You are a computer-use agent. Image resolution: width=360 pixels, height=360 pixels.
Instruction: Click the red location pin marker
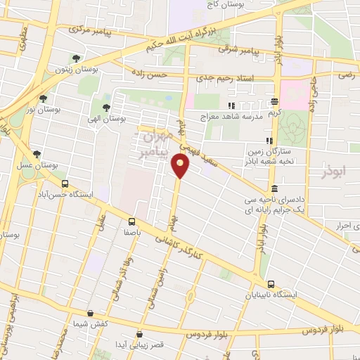181,166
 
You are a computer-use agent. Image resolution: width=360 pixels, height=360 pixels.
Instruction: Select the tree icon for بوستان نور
44,99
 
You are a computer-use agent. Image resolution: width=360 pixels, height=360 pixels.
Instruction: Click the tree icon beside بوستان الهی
105,108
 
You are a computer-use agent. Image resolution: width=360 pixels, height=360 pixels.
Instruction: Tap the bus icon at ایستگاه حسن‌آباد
65,184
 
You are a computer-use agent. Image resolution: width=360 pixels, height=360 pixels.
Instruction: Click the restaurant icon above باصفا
129,219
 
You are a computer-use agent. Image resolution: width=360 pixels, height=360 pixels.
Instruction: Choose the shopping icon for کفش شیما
90,314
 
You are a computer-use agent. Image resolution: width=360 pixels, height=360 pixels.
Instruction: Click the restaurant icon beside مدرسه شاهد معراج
231,106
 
